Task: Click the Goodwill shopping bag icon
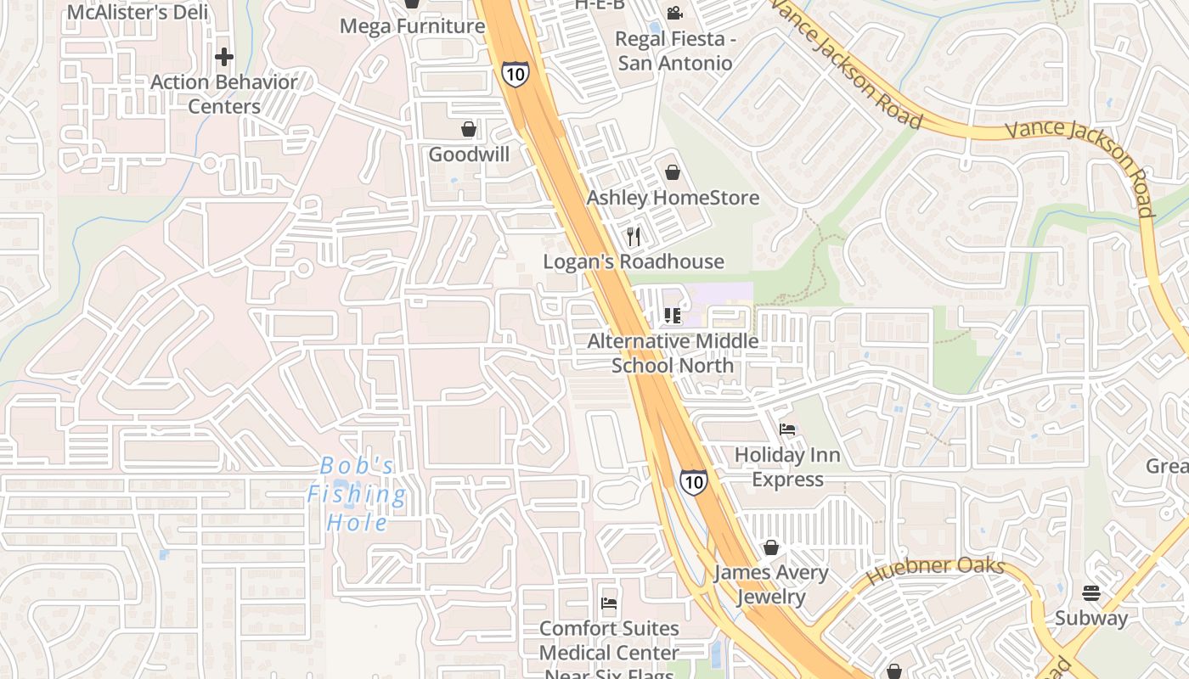[468, 129]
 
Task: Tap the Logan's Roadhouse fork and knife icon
[634, 236]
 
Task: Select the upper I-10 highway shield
[515, 73]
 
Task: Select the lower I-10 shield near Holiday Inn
[694, 482]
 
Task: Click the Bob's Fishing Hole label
[357, 494]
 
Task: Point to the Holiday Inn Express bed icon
[787, 429]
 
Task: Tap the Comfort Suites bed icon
[609, 603]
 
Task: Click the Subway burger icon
[1091, 592]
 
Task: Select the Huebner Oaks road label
[935, 572]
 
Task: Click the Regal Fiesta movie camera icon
[674, 13]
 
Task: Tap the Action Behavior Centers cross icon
[224, 57]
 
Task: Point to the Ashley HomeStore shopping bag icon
[673, 172]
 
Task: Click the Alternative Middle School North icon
[673, 316]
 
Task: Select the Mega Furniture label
[412, 26]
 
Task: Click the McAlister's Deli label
[138, 12]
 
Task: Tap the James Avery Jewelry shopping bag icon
[771, 547]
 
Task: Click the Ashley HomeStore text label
[673, 198]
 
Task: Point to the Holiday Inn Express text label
[787, 467]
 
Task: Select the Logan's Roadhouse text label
[634, 261]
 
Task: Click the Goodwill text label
[469, 154]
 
